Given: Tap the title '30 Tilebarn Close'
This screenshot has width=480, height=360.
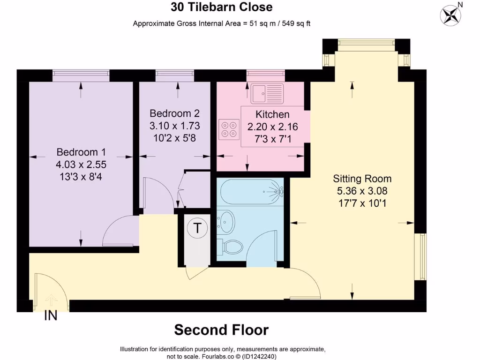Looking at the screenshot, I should (221, 7).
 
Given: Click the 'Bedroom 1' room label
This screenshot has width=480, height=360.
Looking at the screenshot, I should (81, 152).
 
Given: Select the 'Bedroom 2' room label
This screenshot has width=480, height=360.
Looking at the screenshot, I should (174, 113).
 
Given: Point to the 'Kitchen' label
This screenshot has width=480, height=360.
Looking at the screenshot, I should (272, 114).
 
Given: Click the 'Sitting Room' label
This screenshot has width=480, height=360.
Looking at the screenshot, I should (362, 179).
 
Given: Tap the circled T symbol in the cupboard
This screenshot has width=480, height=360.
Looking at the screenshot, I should (197, 228).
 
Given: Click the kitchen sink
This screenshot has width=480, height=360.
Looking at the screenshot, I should (267, 93).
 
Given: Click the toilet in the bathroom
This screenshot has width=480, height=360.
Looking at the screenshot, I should (232, 247).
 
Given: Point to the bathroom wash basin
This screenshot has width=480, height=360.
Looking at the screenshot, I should (227, 221).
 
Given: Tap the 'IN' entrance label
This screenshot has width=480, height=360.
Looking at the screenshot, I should (51, 316).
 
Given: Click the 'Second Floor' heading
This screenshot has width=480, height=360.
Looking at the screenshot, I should (221, 330).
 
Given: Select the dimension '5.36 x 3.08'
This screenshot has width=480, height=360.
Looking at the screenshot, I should (362, 191).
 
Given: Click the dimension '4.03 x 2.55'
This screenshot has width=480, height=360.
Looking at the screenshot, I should (81, 165).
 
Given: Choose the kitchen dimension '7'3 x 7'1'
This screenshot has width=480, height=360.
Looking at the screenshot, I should (272, 139).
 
